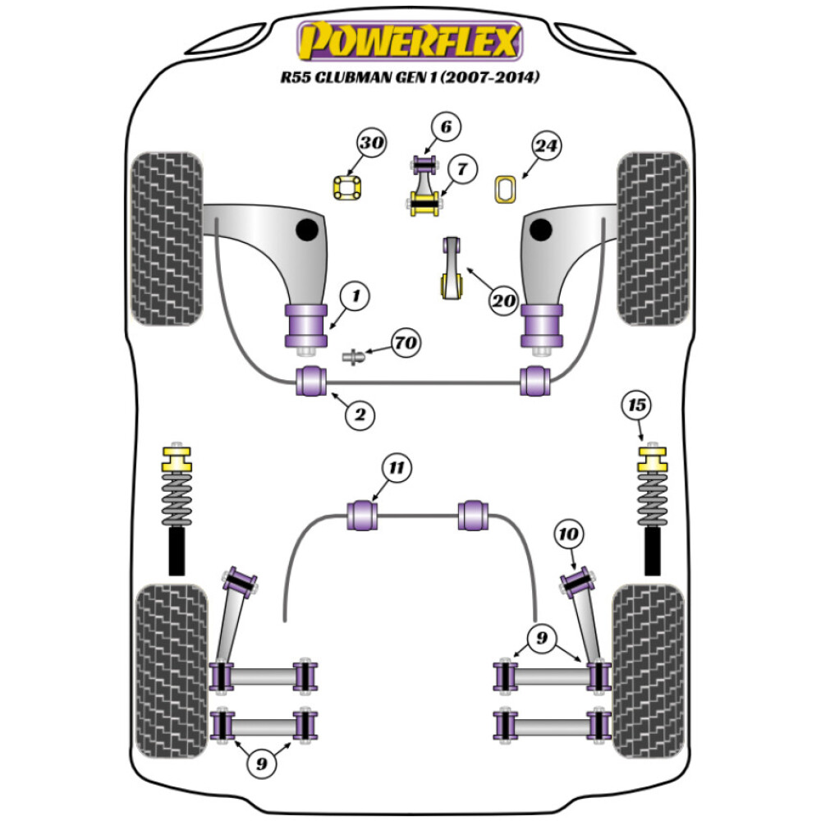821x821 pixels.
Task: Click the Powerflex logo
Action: point(410,41)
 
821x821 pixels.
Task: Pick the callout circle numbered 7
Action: point(462,169)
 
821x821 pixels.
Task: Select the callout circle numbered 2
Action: point(359,415)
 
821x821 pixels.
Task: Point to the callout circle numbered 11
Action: point(397,469)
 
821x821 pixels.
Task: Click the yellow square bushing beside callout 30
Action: point(347,188)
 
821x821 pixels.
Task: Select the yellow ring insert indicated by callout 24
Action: point(505,189)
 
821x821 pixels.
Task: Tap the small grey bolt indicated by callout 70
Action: point(353,357)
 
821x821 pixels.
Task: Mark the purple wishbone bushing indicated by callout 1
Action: point(305,326)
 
